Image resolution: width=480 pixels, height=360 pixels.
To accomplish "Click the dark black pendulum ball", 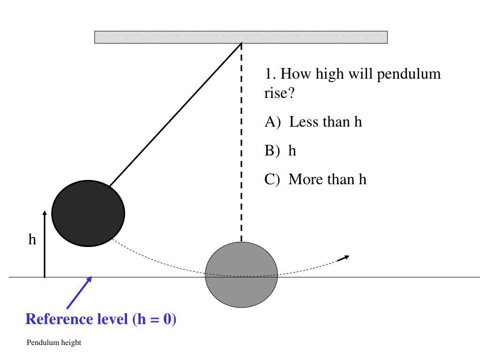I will tap(88, 213).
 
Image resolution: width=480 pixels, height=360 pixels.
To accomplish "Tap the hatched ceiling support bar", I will tap(241, 37).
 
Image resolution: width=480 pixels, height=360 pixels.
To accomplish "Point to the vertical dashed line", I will tap(241, 141).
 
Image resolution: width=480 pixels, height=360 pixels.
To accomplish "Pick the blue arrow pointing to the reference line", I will tap(79, 292).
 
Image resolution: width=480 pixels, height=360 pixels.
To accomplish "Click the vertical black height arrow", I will tap(45, 244).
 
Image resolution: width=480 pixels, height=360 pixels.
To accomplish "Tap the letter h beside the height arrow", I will tap(32, 240).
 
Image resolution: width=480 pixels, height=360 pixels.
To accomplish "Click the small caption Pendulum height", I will tap(54, 343).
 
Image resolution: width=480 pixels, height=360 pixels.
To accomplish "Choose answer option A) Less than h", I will tap(313, 122).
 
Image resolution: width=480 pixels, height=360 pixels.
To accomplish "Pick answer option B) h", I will tap(280, 150).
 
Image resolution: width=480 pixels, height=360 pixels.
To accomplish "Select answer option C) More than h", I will tap(315, 179).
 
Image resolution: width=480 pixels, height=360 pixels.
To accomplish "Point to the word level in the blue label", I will tap(111, 319).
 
